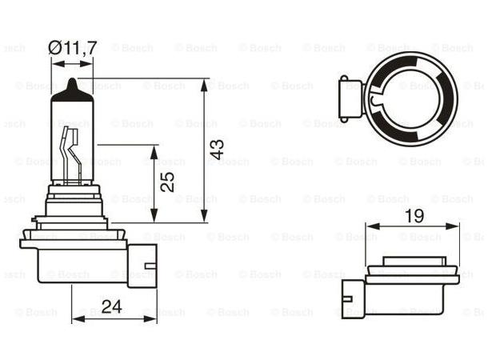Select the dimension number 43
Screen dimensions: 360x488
click(217, 150)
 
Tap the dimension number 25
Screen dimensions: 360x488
click(167, 182)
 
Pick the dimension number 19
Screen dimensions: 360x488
click(413, 214)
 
